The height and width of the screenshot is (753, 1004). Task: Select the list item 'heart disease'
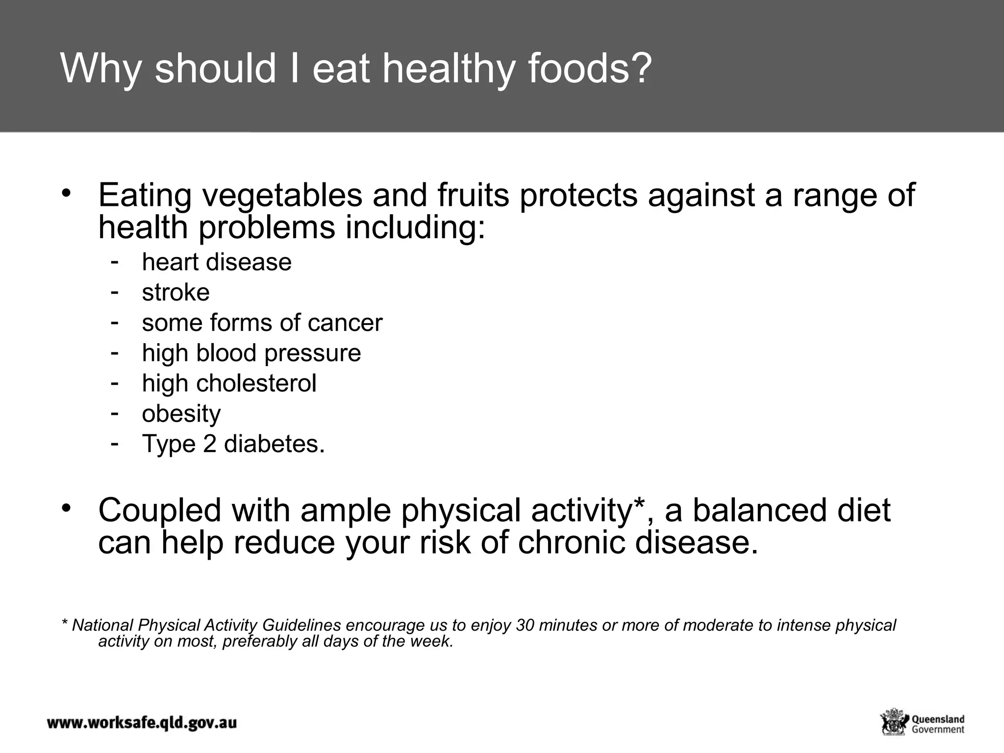(217, 262)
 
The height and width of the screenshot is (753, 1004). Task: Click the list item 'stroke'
(176, 293)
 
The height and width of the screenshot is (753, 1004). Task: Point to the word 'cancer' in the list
(345, 323)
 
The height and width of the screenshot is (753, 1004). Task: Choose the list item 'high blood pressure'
(251, 353)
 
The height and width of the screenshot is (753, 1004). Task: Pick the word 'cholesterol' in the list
(256, 383)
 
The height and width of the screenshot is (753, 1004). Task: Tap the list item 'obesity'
(181, 414)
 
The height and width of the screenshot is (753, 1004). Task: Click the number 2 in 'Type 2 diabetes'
(209, 444)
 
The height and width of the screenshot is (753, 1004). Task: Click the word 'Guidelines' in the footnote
(301, 626)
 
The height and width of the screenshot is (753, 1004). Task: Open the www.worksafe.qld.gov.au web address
(142, 723)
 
